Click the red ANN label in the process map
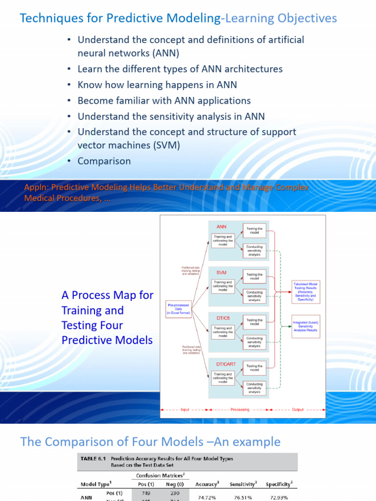tap(221, 227)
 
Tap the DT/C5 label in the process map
tap(223, 317)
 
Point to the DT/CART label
tap(226, 364)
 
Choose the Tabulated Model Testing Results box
tap(306, 291)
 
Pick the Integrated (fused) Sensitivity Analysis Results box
tap(305, 326)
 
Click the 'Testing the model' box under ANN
tap(254, 230)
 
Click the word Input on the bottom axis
tap(185, 410)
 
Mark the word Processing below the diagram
tap(240, 410)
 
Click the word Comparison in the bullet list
tap(104, 161)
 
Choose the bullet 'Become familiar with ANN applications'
tap(164, 100)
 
